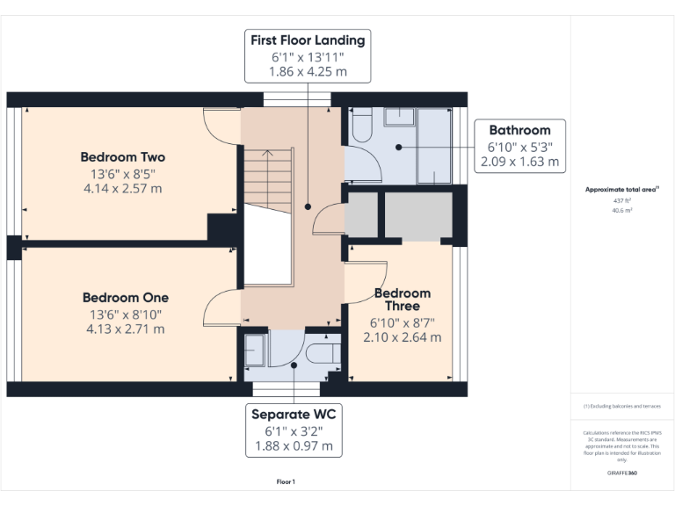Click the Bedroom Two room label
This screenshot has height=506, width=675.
[123, 157]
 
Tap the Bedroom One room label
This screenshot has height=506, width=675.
[125, 298]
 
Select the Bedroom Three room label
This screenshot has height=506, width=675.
[403, 300]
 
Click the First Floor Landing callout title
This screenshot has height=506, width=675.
[308, 40]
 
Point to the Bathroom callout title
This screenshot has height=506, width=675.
[519, 130]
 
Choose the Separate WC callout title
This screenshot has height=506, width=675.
[294, 414]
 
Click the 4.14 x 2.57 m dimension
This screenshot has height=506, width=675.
[123, 188]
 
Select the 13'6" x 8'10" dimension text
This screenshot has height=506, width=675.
[125, 314]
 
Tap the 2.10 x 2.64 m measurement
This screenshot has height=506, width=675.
[403, 337]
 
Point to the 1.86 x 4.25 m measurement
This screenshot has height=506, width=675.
[308, 72]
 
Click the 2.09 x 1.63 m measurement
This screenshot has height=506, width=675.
[519, 162]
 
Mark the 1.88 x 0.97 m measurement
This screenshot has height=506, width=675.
[294, 446]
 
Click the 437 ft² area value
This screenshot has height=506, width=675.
[621, 200]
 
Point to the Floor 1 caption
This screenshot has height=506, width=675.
[286, 481]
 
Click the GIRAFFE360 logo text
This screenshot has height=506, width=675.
[621, 473]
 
